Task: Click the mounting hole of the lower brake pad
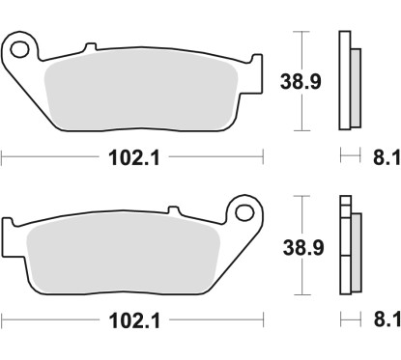[243, 211]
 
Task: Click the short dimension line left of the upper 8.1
[345, 154]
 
